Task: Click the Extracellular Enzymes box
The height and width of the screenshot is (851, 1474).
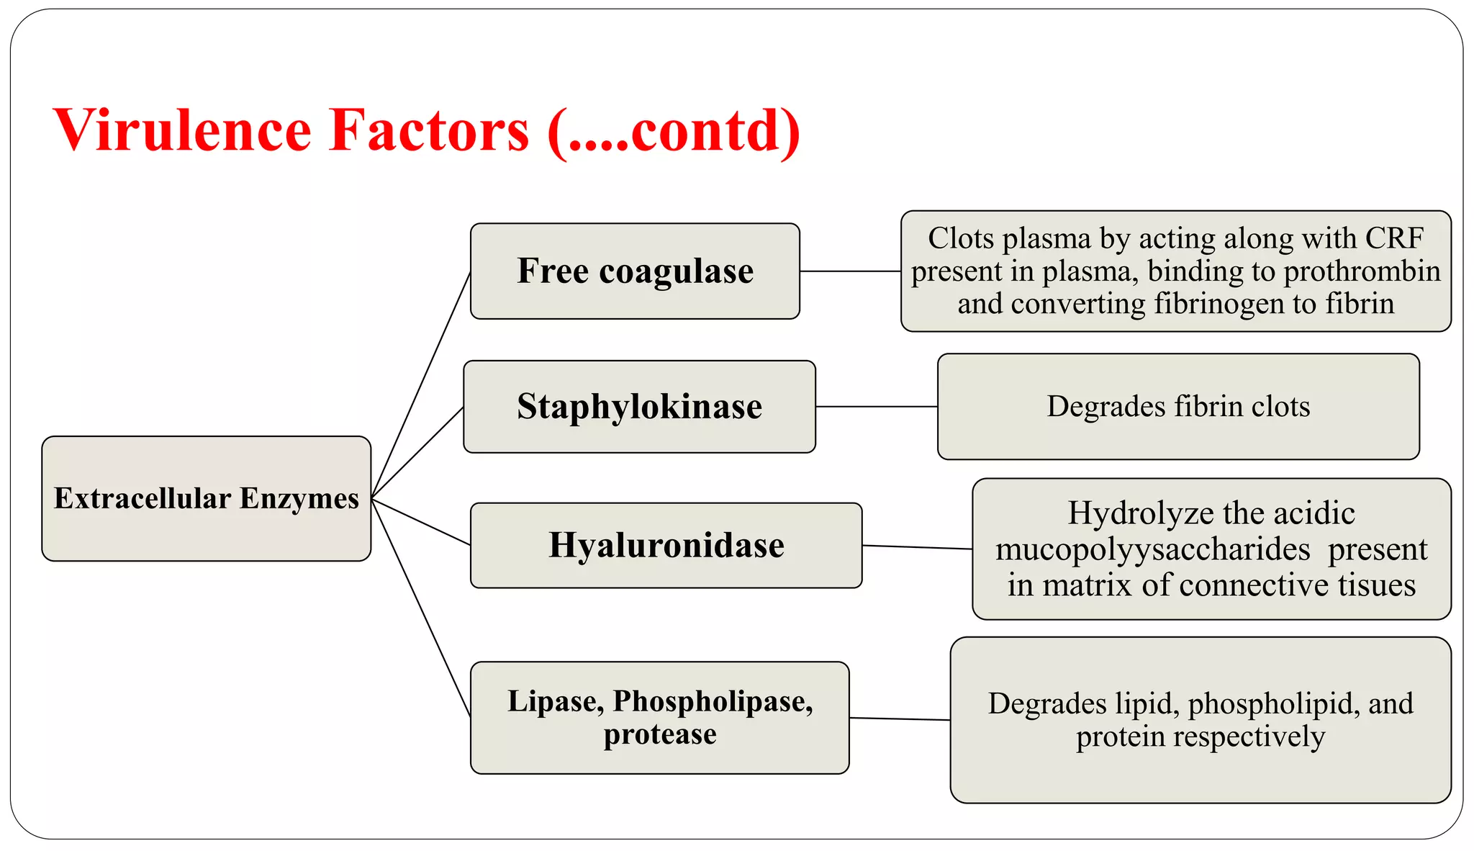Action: [x=206, y=498]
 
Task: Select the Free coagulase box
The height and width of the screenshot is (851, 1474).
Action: [x=635, y=271]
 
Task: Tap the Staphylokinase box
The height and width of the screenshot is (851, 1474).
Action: [x=639, y=407]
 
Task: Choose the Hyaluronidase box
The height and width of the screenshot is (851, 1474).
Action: [x=666, y=545]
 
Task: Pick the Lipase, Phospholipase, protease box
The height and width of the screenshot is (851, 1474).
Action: [x=659, y=717]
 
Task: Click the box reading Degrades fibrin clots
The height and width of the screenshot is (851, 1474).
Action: [x=1177, y=407]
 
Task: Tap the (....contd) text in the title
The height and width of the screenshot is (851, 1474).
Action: [x=674, y=130]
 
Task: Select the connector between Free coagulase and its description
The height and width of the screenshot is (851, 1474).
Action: [x=850, y=271]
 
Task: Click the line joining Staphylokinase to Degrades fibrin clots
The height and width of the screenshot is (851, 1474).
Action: [x=876, y=407]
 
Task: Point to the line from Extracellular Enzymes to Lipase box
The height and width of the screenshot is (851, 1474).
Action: [x=422, y=608]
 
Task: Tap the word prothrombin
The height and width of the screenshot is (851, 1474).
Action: [x=1362, y=271]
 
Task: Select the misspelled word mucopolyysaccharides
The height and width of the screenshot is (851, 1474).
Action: [x=1152, y=549]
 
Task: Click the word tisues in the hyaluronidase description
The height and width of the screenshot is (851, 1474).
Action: [x=1376, y=585]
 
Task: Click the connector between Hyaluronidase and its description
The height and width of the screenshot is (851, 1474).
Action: [x=917, y=547]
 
